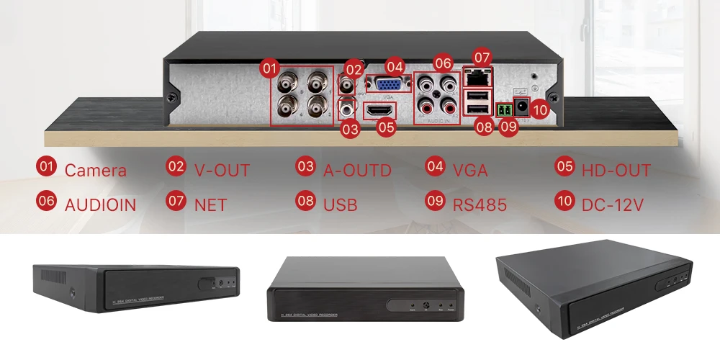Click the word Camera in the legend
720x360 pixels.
click(x=95, y=171)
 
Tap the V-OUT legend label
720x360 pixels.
click(x=222, y=171)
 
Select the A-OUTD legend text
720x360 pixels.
click(x=357, y=171)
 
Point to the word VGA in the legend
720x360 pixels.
click(x=470, y=171)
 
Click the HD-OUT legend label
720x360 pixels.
click(x=616, y=171)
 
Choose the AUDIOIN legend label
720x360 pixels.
click(x=100, y=204)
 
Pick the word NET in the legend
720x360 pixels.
click(x=210, y=204)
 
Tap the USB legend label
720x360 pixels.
click(x=341, y=204)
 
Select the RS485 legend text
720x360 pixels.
click(x=480, y=204)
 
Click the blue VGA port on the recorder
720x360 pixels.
click(x=383, y=84)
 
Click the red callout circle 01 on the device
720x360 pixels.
click(x=269, y=68)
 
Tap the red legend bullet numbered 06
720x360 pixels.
click(x=47, y=201)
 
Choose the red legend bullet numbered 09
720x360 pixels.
click(x=436, y=201)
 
